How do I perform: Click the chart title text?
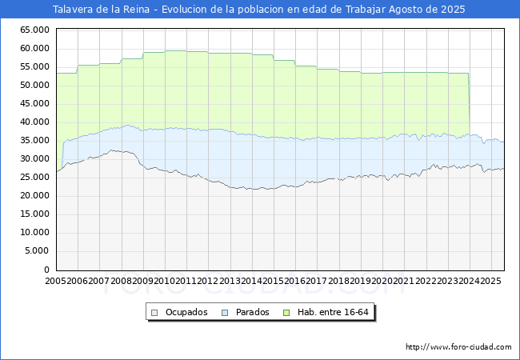click(x=258, y=10)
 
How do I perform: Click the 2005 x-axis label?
click(x=56, y=282)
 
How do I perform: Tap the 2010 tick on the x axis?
click(x=165, y=282)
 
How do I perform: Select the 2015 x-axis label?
click(x=273, y=282)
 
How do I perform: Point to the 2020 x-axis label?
click(x=382, y=282)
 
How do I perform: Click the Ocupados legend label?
click(x=186, y=312)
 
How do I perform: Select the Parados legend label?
click(x=252, y=312)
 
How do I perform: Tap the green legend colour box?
click(x=292, y=312)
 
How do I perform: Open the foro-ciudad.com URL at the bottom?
click(x=458, y=347)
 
